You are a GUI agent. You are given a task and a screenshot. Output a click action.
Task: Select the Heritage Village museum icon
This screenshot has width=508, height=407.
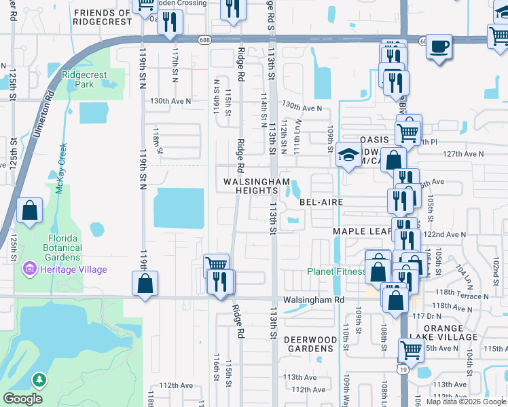coord(29,269)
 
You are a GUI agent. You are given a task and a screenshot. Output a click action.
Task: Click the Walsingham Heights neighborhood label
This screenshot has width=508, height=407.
coord(257,187)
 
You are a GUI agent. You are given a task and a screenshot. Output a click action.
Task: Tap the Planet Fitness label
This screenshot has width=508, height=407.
coord(336,271)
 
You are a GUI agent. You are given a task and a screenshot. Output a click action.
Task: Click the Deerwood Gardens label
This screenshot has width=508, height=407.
coord(310,343)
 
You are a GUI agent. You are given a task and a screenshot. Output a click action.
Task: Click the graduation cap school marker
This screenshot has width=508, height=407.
coord(348,156)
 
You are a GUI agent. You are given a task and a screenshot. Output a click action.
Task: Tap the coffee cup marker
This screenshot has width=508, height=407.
coord(439,46)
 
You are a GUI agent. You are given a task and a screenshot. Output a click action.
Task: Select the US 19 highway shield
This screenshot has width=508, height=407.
coord(403,367)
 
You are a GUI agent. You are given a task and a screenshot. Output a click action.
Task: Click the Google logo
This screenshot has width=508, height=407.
coord(23,399)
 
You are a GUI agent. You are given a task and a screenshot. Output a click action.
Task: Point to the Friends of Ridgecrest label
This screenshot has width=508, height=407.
coord(102,18)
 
